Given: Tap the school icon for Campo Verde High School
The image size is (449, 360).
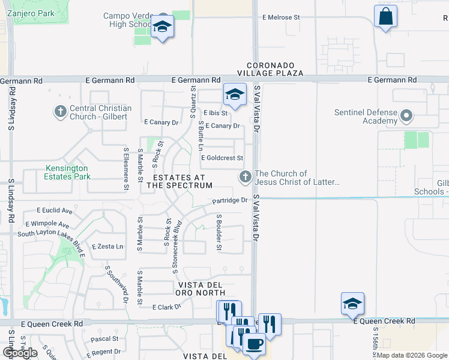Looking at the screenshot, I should pos(162,27).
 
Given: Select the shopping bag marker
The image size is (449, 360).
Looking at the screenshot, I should pos(385,16).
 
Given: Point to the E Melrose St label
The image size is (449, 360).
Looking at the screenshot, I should pos(281,18).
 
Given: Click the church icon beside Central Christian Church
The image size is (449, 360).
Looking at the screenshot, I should pos(60,112).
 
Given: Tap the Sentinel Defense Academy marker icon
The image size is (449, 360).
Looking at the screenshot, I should pos(406,116).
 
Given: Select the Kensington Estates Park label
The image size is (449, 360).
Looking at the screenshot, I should pos(67,173).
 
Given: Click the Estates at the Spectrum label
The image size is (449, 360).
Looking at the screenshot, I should pos(179,182).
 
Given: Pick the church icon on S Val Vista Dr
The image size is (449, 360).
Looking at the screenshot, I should pos(245,177).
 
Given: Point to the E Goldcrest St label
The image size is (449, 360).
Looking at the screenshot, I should pos(221,158).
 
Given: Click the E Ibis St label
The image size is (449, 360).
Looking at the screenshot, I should pos(215,113).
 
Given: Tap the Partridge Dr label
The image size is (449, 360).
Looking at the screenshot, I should pos(229,200).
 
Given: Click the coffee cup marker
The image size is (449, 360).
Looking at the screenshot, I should pos(255,345).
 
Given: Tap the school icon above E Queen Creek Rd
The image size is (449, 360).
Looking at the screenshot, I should pos(352,304).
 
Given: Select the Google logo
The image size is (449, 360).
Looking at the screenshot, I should pos(20,353).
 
